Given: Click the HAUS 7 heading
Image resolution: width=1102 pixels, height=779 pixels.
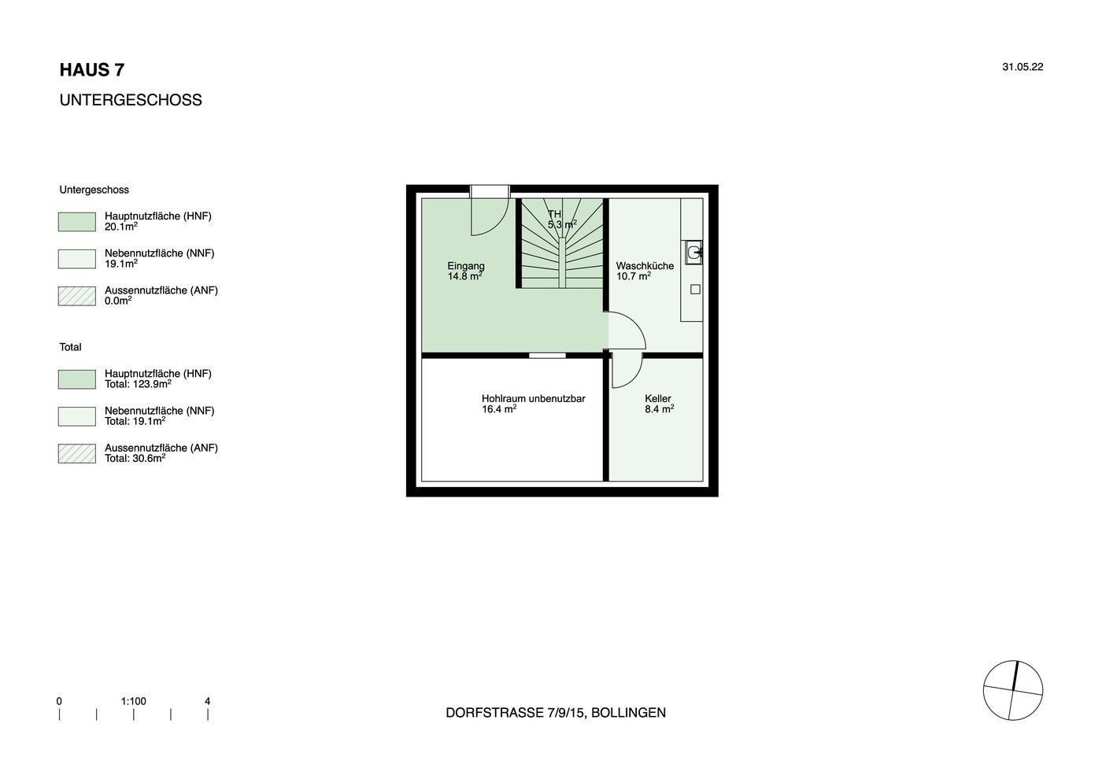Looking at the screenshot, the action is coord(92,70).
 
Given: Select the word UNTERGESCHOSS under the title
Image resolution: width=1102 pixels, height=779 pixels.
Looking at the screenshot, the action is coord(131,100).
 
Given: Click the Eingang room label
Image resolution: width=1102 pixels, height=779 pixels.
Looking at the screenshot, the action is coord(466,266).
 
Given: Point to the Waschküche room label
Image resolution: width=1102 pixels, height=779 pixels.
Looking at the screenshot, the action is coord(645,266).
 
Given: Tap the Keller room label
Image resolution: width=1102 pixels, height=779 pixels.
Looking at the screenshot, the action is coord(658,398).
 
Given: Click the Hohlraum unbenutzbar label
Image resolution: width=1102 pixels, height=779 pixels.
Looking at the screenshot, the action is coord(534,398).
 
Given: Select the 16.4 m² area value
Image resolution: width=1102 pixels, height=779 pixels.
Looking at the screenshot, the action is coord(499,408).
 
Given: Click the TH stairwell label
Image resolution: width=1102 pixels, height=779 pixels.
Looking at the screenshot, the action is coord(554,214).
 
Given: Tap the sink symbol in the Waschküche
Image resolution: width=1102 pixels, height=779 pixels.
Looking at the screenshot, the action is coord(694,253).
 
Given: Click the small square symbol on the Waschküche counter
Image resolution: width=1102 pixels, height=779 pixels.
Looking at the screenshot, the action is coord(695,290).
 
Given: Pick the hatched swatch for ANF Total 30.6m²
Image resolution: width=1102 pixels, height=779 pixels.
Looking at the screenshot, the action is coord(77,453).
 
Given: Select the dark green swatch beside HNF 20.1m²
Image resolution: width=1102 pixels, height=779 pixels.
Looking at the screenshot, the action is coord(77,222).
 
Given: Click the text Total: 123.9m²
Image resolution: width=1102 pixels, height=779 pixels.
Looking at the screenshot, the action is coord(138,384).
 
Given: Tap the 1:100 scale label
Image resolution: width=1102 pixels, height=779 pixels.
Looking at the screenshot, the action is coord(133,701).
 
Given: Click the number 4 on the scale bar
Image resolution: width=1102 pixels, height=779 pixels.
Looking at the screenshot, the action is coord(208,701).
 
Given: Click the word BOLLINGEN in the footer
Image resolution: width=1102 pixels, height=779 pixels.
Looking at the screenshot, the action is coord(628,713).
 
